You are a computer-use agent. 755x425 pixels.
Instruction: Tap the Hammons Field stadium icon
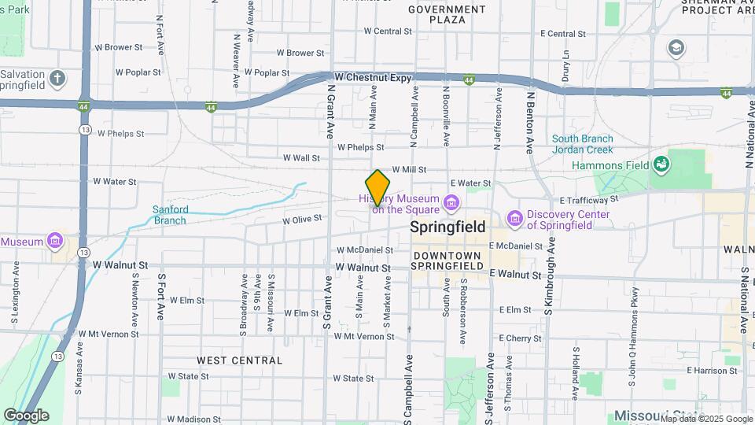pos(661,164)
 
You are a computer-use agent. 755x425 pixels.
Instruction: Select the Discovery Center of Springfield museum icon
pos(515,217)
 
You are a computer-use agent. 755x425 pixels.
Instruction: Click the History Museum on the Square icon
pos(451,203)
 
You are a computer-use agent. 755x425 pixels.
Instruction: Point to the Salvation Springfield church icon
pos(57,78)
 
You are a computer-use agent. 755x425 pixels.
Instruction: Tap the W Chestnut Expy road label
pos(373,77)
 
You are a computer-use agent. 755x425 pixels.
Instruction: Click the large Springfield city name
pos(446,227)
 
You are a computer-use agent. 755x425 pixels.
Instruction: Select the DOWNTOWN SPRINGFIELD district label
pos(447,261)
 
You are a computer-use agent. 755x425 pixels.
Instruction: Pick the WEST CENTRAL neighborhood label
pos(239,360)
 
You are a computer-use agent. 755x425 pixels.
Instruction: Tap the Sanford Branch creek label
pos(170,215)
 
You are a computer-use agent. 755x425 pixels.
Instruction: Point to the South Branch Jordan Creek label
pos(582,144)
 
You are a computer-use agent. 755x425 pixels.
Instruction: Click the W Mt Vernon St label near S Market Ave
pos(364,336)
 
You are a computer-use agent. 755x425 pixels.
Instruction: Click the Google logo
pos(26,415)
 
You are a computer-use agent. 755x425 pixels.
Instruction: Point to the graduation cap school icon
pos(676,48)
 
